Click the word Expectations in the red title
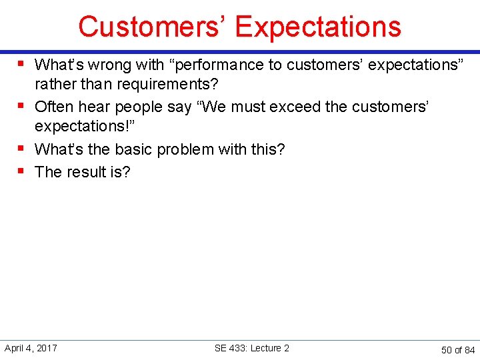[318, 27]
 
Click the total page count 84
[469, 350]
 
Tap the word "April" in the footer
[15, 348]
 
